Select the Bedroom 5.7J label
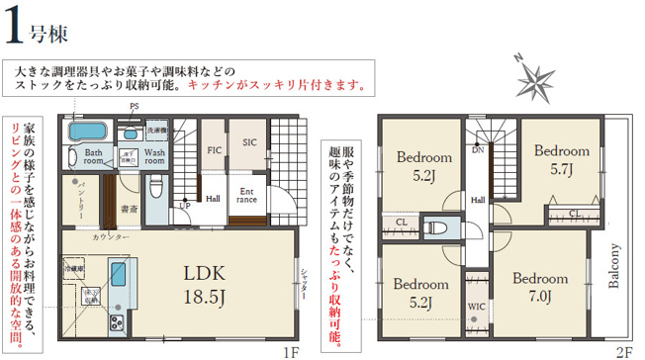(x=561, y=159)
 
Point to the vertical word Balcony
(x=614, y=264)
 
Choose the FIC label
(x=213, y=151)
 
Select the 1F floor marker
(x=288, y=351)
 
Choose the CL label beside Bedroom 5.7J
(x=575, y=213)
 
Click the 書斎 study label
(x=129, y=209)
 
